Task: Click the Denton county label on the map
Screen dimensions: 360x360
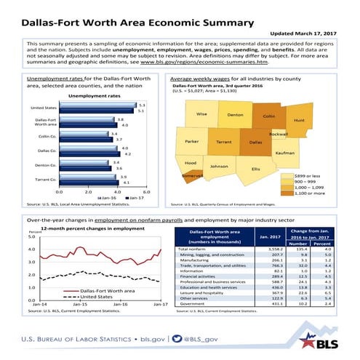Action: tap(235, 115)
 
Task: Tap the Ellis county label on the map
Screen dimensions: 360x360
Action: tap(255, 169)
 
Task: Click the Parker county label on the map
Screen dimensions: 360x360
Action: tap(192, 141)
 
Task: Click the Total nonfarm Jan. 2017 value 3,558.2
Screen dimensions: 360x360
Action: tap(266, 249)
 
